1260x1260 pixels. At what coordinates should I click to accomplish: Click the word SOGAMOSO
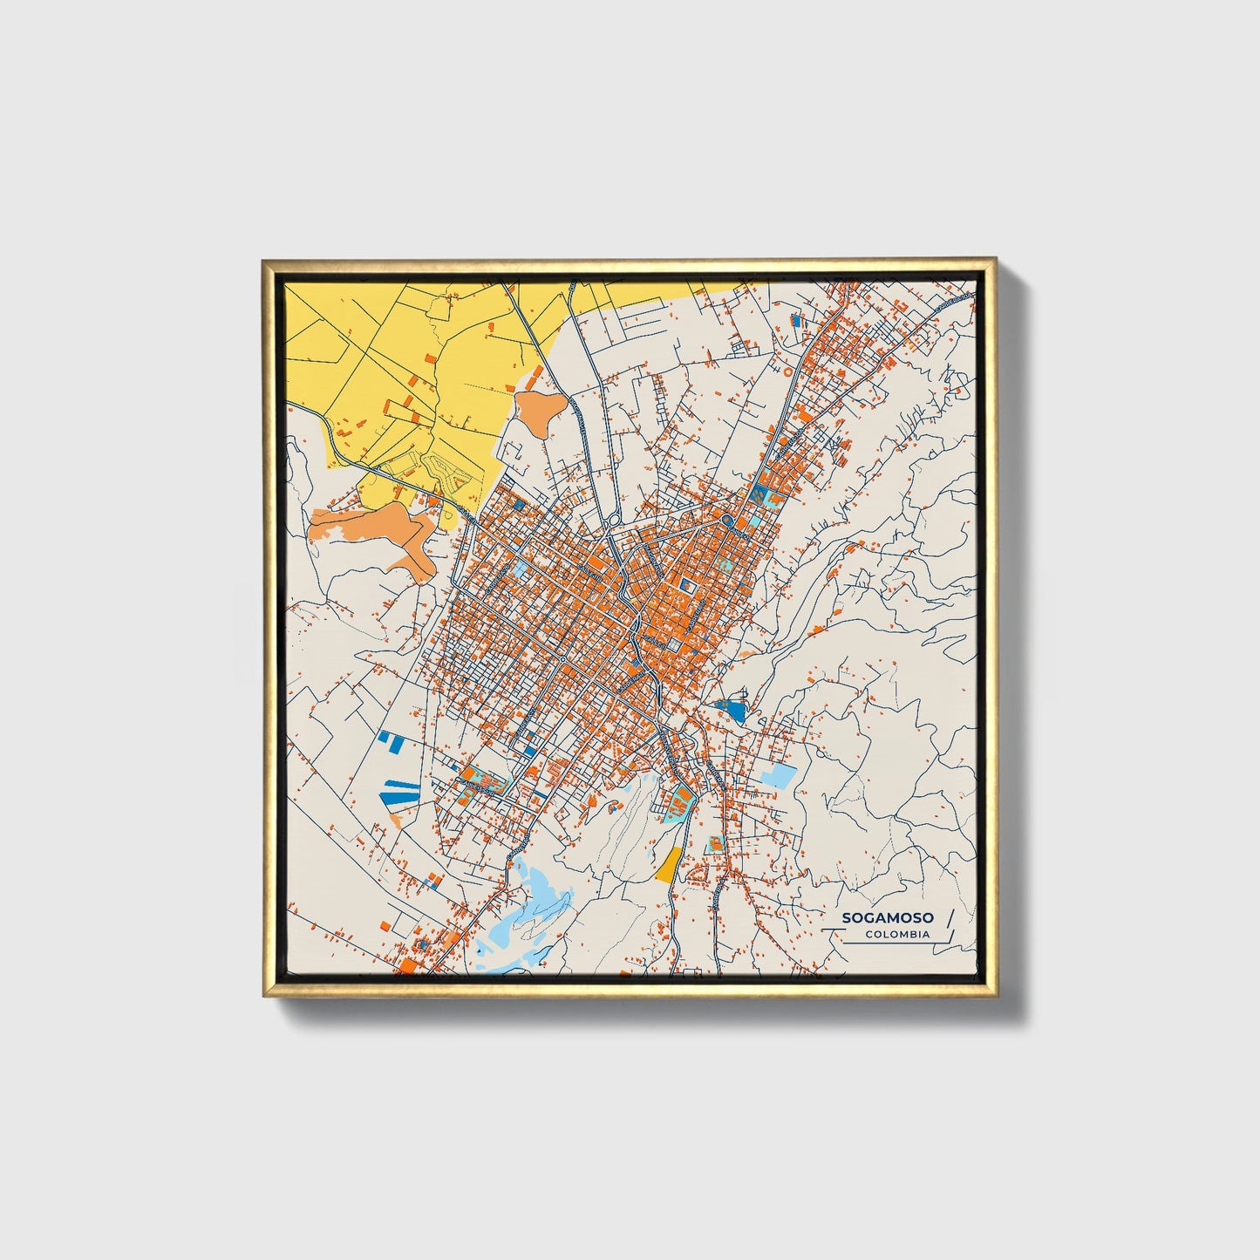(x=887, y=918)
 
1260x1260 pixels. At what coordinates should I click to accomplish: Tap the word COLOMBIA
(x=897, y=934)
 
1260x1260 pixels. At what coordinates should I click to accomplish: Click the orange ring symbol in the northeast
(x=787, y=370)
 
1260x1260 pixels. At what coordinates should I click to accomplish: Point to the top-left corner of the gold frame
(x=264, y=262)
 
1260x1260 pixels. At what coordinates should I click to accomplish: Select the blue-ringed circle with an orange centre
(x=726, y=522)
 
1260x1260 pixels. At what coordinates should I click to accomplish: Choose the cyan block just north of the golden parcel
(x=677, y=803)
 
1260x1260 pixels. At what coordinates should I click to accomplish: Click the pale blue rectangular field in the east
(x=779, y=775)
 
